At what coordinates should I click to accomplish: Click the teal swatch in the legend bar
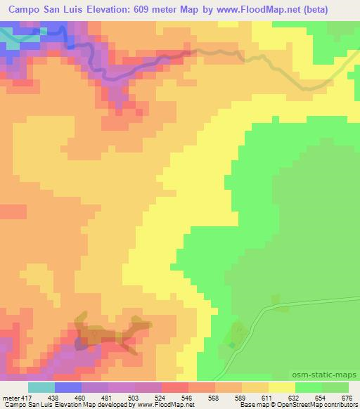tap(41, 387)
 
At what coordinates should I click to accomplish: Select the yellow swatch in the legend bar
tap(282, 387)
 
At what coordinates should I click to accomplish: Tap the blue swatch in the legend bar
tap(68, 387)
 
